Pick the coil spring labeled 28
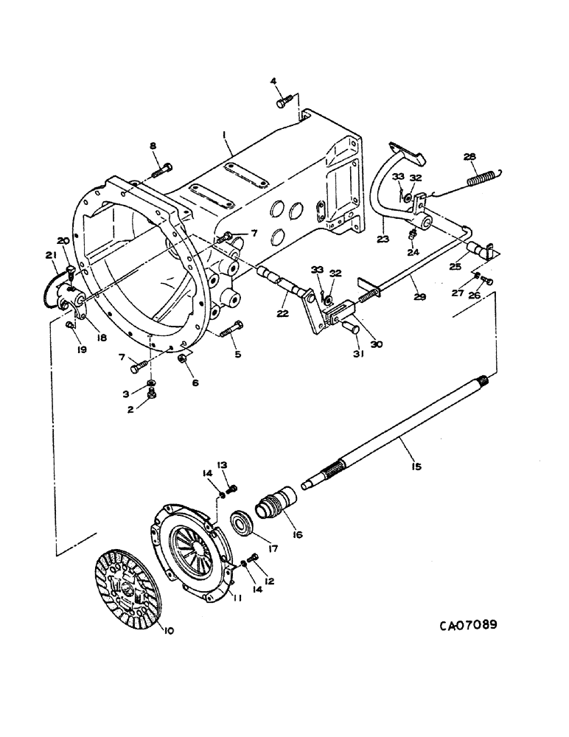tap(487, 178)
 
